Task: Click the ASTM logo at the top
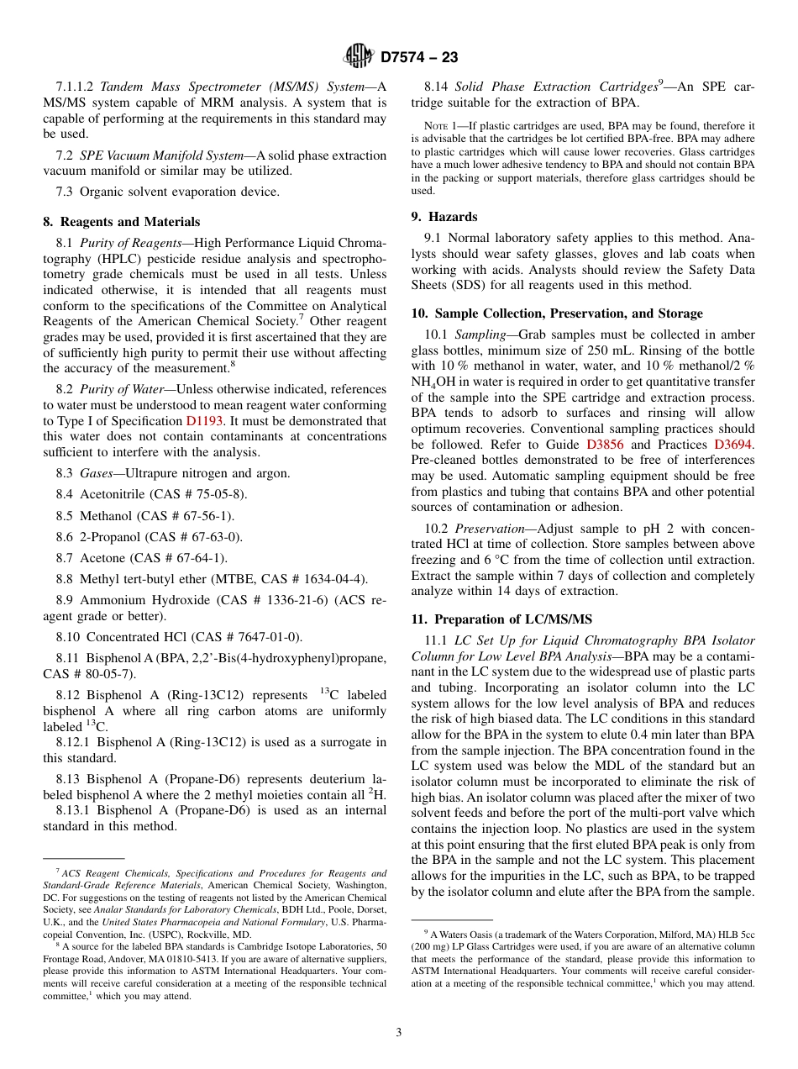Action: point(359,57)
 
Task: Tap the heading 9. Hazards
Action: point(444,216)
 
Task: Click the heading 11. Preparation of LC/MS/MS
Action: point(501,619)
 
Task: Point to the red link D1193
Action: point(204,421)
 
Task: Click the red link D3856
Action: point(605,445)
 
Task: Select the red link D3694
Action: point(733,445)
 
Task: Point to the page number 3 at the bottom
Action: point(399,1032)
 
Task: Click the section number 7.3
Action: point(66,192)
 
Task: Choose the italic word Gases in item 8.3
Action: point(97,473)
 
